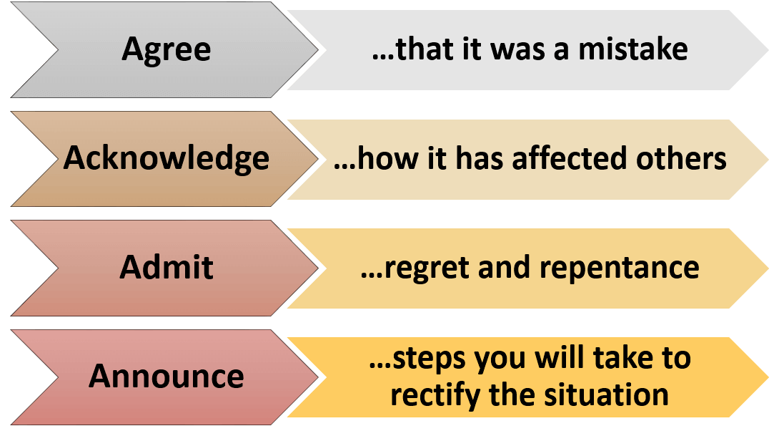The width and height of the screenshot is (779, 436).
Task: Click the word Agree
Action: tap(167, 50)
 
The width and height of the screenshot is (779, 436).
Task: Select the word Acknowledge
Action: tap(167, 159)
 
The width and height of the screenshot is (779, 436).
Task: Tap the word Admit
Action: tap(167, 267)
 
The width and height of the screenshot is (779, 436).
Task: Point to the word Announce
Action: tap(167, 376)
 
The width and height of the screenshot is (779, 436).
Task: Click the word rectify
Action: tap(435, 395)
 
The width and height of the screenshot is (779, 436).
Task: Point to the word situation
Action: tap(606, 394)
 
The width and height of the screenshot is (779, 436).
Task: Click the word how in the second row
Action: tap(387, 158)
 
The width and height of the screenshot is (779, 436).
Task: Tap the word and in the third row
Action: tap(505, 267)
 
